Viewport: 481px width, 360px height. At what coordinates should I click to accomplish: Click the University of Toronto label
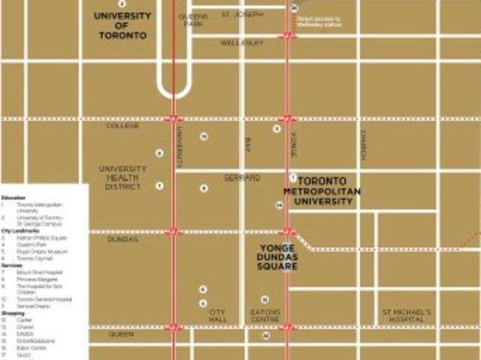(123, 25)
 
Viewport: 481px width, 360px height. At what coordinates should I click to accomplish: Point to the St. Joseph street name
(242, 14)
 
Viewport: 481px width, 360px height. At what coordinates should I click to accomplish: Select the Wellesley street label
(242, 43)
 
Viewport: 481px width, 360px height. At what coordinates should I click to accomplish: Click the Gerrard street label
(242, 177)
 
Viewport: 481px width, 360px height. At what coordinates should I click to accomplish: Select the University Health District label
(123, 177)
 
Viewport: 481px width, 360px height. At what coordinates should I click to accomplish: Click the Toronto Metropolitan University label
(327, 192)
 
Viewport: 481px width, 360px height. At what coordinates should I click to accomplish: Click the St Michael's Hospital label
(406, 315)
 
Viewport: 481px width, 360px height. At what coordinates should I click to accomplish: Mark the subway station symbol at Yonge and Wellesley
(288, 36)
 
